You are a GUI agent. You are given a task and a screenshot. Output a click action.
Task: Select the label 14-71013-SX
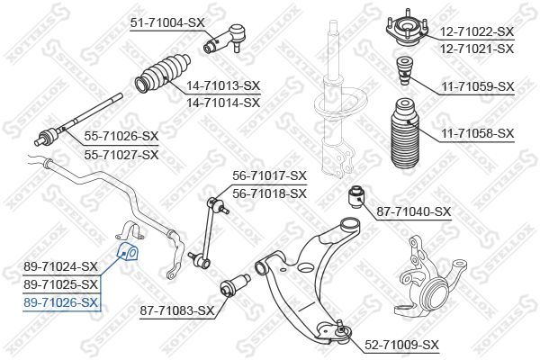point(222,85)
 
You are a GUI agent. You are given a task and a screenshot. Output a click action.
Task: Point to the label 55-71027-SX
point(122,154)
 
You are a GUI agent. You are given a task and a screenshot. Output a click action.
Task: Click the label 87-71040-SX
point(413,211)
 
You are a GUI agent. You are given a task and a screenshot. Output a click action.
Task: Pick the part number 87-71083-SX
point(177,310)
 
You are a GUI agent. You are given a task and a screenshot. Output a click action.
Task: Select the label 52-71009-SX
point(401,345)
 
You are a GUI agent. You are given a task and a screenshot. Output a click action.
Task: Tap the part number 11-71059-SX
point(477,87)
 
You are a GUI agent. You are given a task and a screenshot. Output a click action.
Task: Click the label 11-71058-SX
point(477,133)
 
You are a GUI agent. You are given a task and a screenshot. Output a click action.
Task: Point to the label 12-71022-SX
point(477,31)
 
